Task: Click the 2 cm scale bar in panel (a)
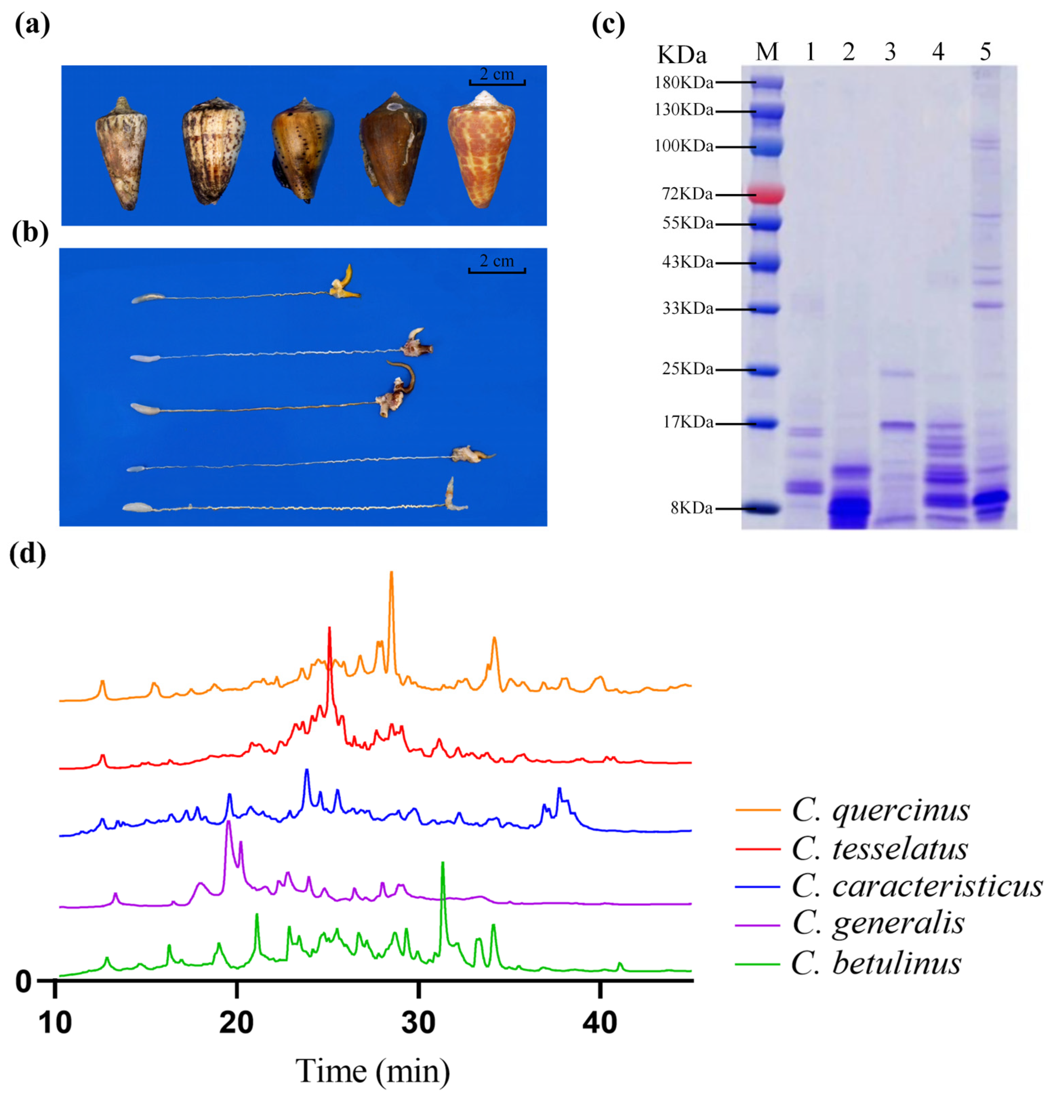[497, 83]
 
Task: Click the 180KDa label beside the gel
[683, 83]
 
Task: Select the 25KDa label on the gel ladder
[687, 369]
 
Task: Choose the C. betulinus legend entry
[876, 964]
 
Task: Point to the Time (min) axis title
[372, 1071]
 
